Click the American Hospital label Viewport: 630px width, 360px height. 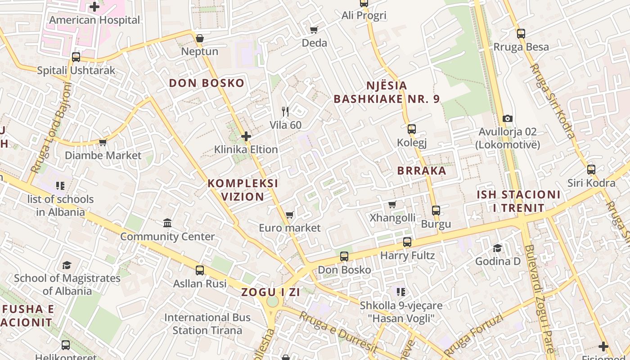(94, 20)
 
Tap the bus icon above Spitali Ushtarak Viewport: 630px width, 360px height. (76, 57)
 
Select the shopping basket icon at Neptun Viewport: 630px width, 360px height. (200, 38)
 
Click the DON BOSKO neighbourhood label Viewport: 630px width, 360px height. (207, 83)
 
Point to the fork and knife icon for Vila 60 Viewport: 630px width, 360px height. (285, 111)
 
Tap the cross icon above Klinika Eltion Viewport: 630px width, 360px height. (246, 136)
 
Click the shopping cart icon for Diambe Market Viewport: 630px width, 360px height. (103, 143)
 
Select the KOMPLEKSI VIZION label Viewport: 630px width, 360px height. (243, 190)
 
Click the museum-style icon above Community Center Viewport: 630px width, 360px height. (167, 223)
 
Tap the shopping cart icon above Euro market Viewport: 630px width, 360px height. (290, 215)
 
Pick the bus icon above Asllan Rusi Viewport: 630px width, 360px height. (200, 270)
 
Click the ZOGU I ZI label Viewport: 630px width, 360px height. (270, 292)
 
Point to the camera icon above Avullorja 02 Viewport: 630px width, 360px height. (508, 118)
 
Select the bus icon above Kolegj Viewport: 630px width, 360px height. (411, 129)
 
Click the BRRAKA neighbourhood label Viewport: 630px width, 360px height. (422, 171)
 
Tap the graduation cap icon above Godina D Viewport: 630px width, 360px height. (497, 248)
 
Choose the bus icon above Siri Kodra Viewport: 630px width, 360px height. (591, 170)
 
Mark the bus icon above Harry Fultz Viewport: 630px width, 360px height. (407, 242)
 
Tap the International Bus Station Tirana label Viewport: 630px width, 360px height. (207, 324)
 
